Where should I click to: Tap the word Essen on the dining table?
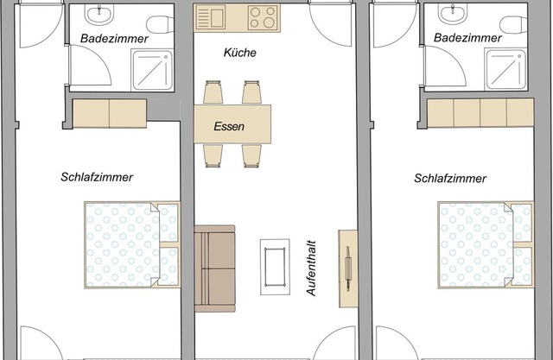[229, 126]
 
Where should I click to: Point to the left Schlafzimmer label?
[96, 178]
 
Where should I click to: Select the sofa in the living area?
[214, 267]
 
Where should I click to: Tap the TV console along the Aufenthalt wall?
[347, 267]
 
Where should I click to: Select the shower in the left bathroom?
[151, 67]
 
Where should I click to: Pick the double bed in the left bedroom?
[130, 244]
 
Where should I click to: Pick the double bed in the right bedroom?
[484, 244]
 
